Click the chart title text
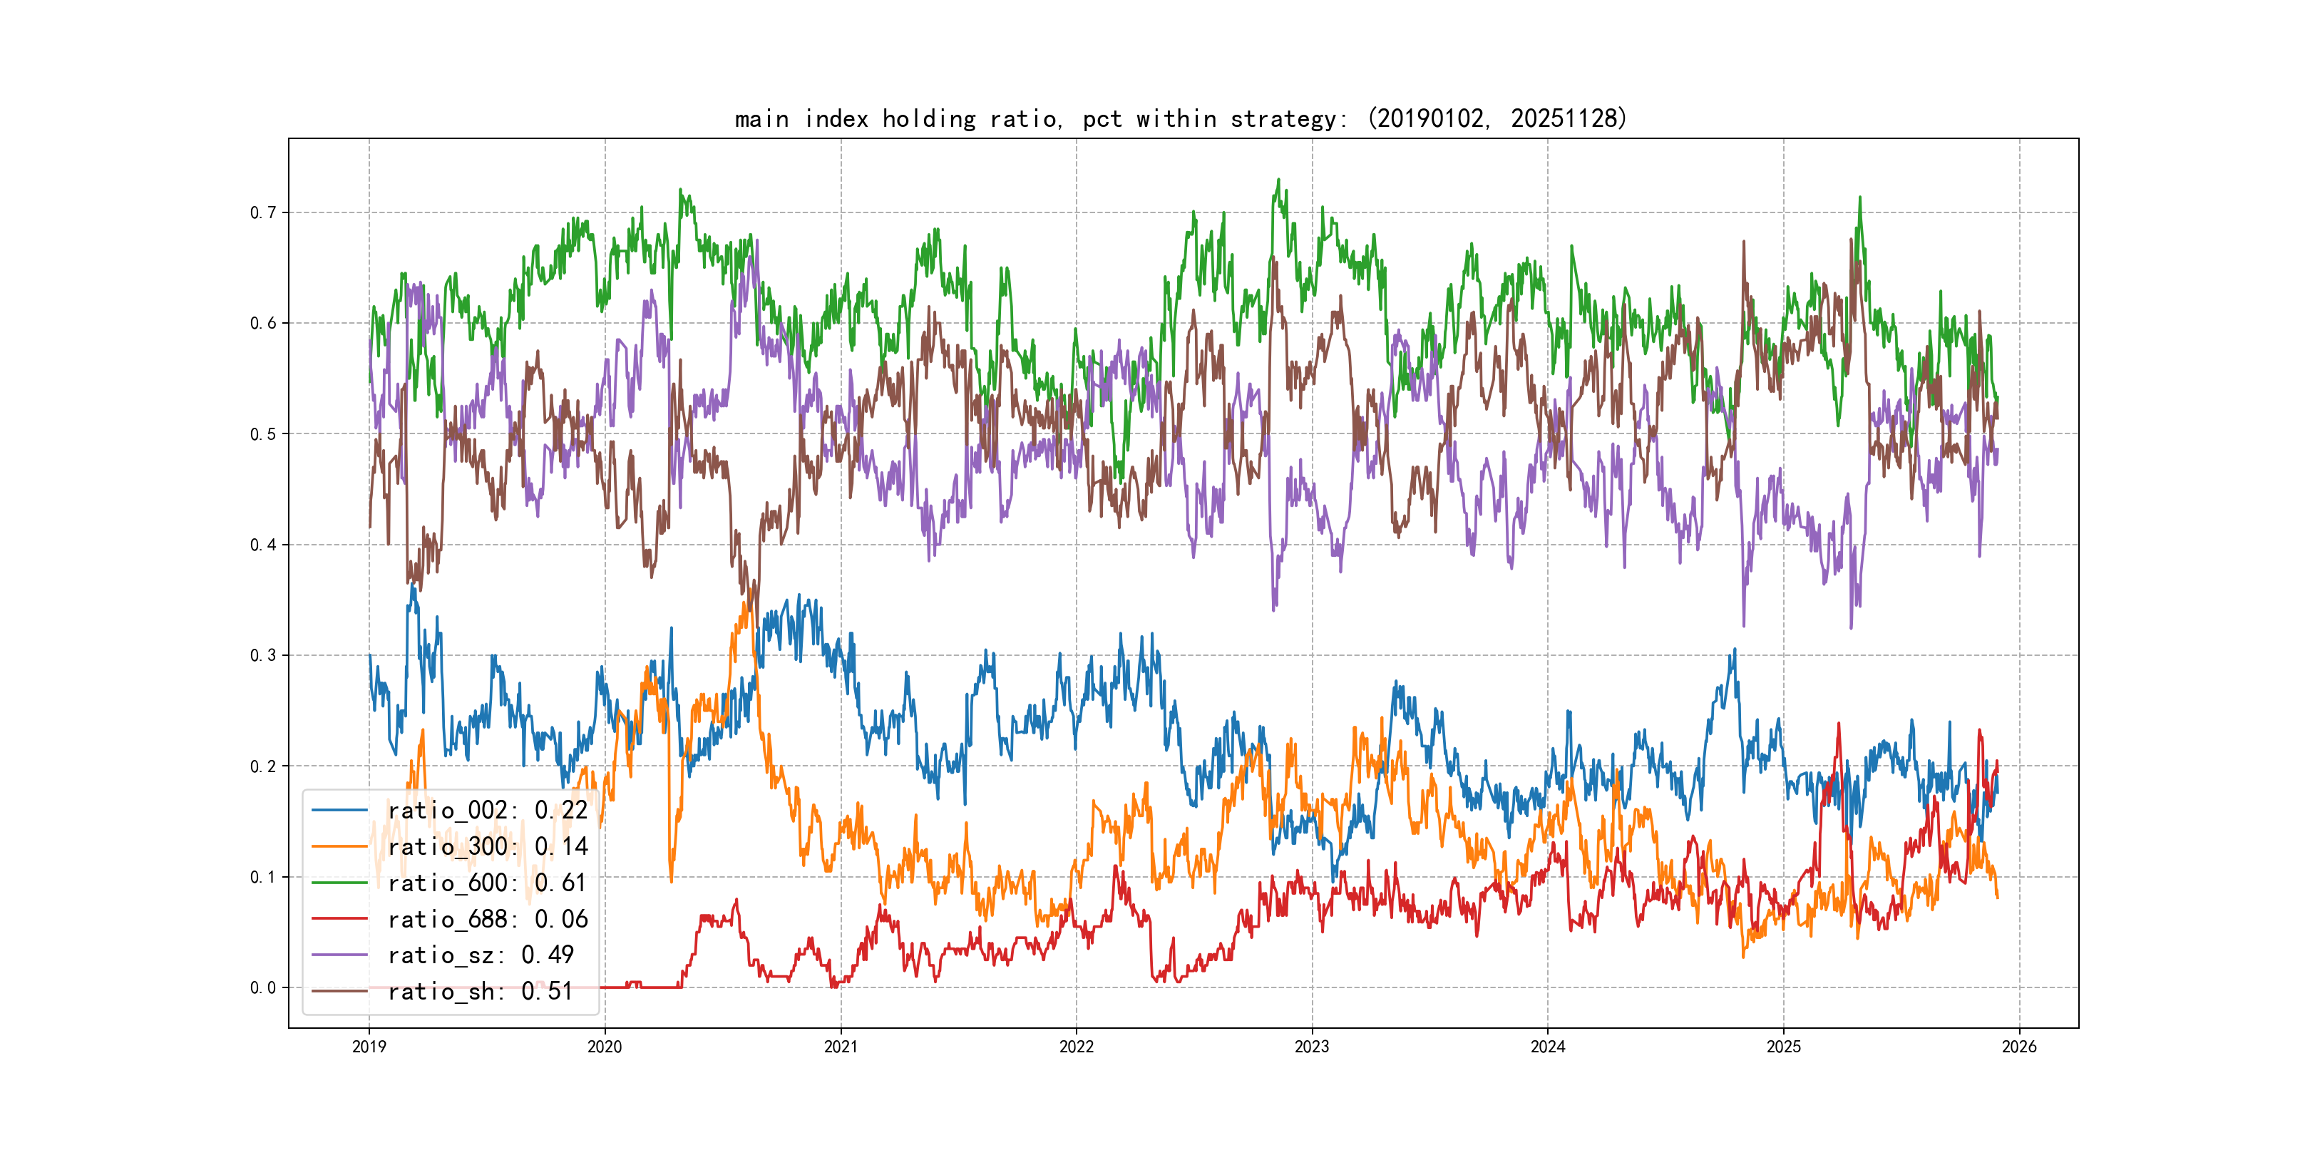coord(1180,118)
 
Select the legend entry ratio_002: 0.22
coord(487,810)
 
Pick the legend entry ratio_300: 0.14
coord(487,846)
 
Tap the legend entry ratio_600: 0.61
coord(487,883)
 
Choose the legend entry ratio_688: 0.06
coord(487,919)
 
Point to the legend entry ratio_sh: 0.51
coord(480,991)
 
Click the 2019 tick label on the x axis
coord(369,1047)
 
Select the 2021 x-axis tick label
coord(841,1047)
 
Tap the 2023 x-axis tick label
coord(1312,1047)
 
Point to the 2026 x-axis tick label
coord(2019,1047)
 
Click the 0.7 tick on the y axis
coord(263,212)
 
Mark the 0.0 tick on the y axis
coord(263,987)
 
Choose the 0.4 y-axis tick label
coord(263,544)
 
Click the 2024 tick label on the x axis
coord(1548,1047)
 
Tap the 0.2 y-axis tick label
coord(263,766)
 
